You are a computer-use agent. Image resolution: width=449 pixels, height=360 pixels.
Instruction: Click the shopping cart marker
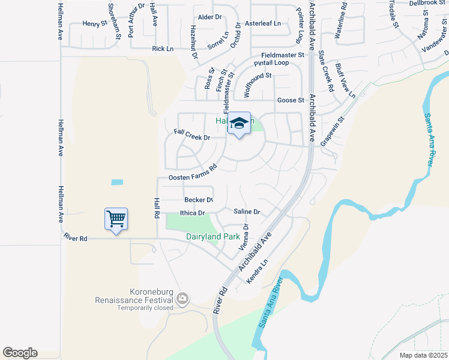(x=116, y=218)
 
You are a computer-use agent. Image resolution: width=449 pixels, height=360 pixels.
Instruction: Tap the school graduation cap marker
(x=239, y=124)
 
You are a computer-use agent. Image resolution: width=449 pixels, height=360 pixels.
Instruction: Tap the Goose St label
(x=291, y=100)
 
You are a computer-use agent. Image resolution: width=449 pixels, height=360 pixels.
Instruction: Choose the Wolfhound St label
(x=257, y=84)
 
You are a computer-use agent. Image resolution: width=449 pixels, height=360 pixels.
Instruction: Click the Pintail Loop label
(x=271, y=63)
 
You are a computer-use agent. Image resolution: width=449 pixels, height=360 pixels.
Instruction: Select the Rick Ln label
(x=163, y=49)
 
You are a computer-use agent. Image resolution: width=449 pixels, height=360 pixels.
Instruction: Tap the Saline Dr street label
(x=246, y=212)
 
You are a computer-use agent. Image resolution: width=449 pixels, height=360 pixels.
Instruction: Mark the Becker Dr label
(x=199, y=200)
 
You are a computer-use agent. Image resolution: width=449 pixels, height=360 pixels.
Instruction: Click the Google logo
(x=20, y=353)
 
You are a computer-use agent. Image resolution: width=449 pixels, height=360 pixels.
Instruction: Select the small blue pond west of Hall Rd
(x=117, y=182)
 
